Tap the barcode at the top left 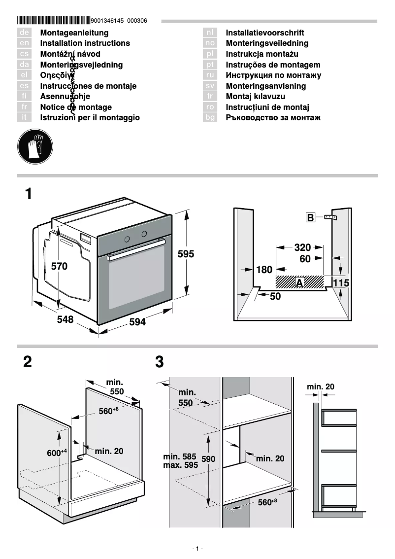click(53, 21)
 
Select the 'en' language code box click(25, 43)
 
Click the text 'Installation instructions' click(85, 43)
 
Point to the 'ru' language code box click(210, 75)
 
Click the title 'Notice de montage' click(76, 107)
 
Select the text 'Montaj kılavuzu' click(255, 97)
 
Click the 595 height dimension click(186, 254)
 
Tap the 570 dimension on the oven click(60, 267)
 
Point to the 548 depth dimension click(65, 319)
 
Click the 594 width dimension click(137, 322)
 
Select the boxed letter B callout click(310, 217)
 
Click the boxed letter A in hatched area click(299, 282)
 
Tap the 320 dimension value click(302, 247)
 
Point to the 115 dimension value click(341, 283)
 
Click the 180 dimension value click(264, 270)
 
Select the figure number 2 click(28, 362)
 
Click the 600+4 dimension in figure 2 click(57, 453)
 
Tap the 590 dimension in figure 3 click(208, 459)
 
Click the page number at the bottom click(197, 549)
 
